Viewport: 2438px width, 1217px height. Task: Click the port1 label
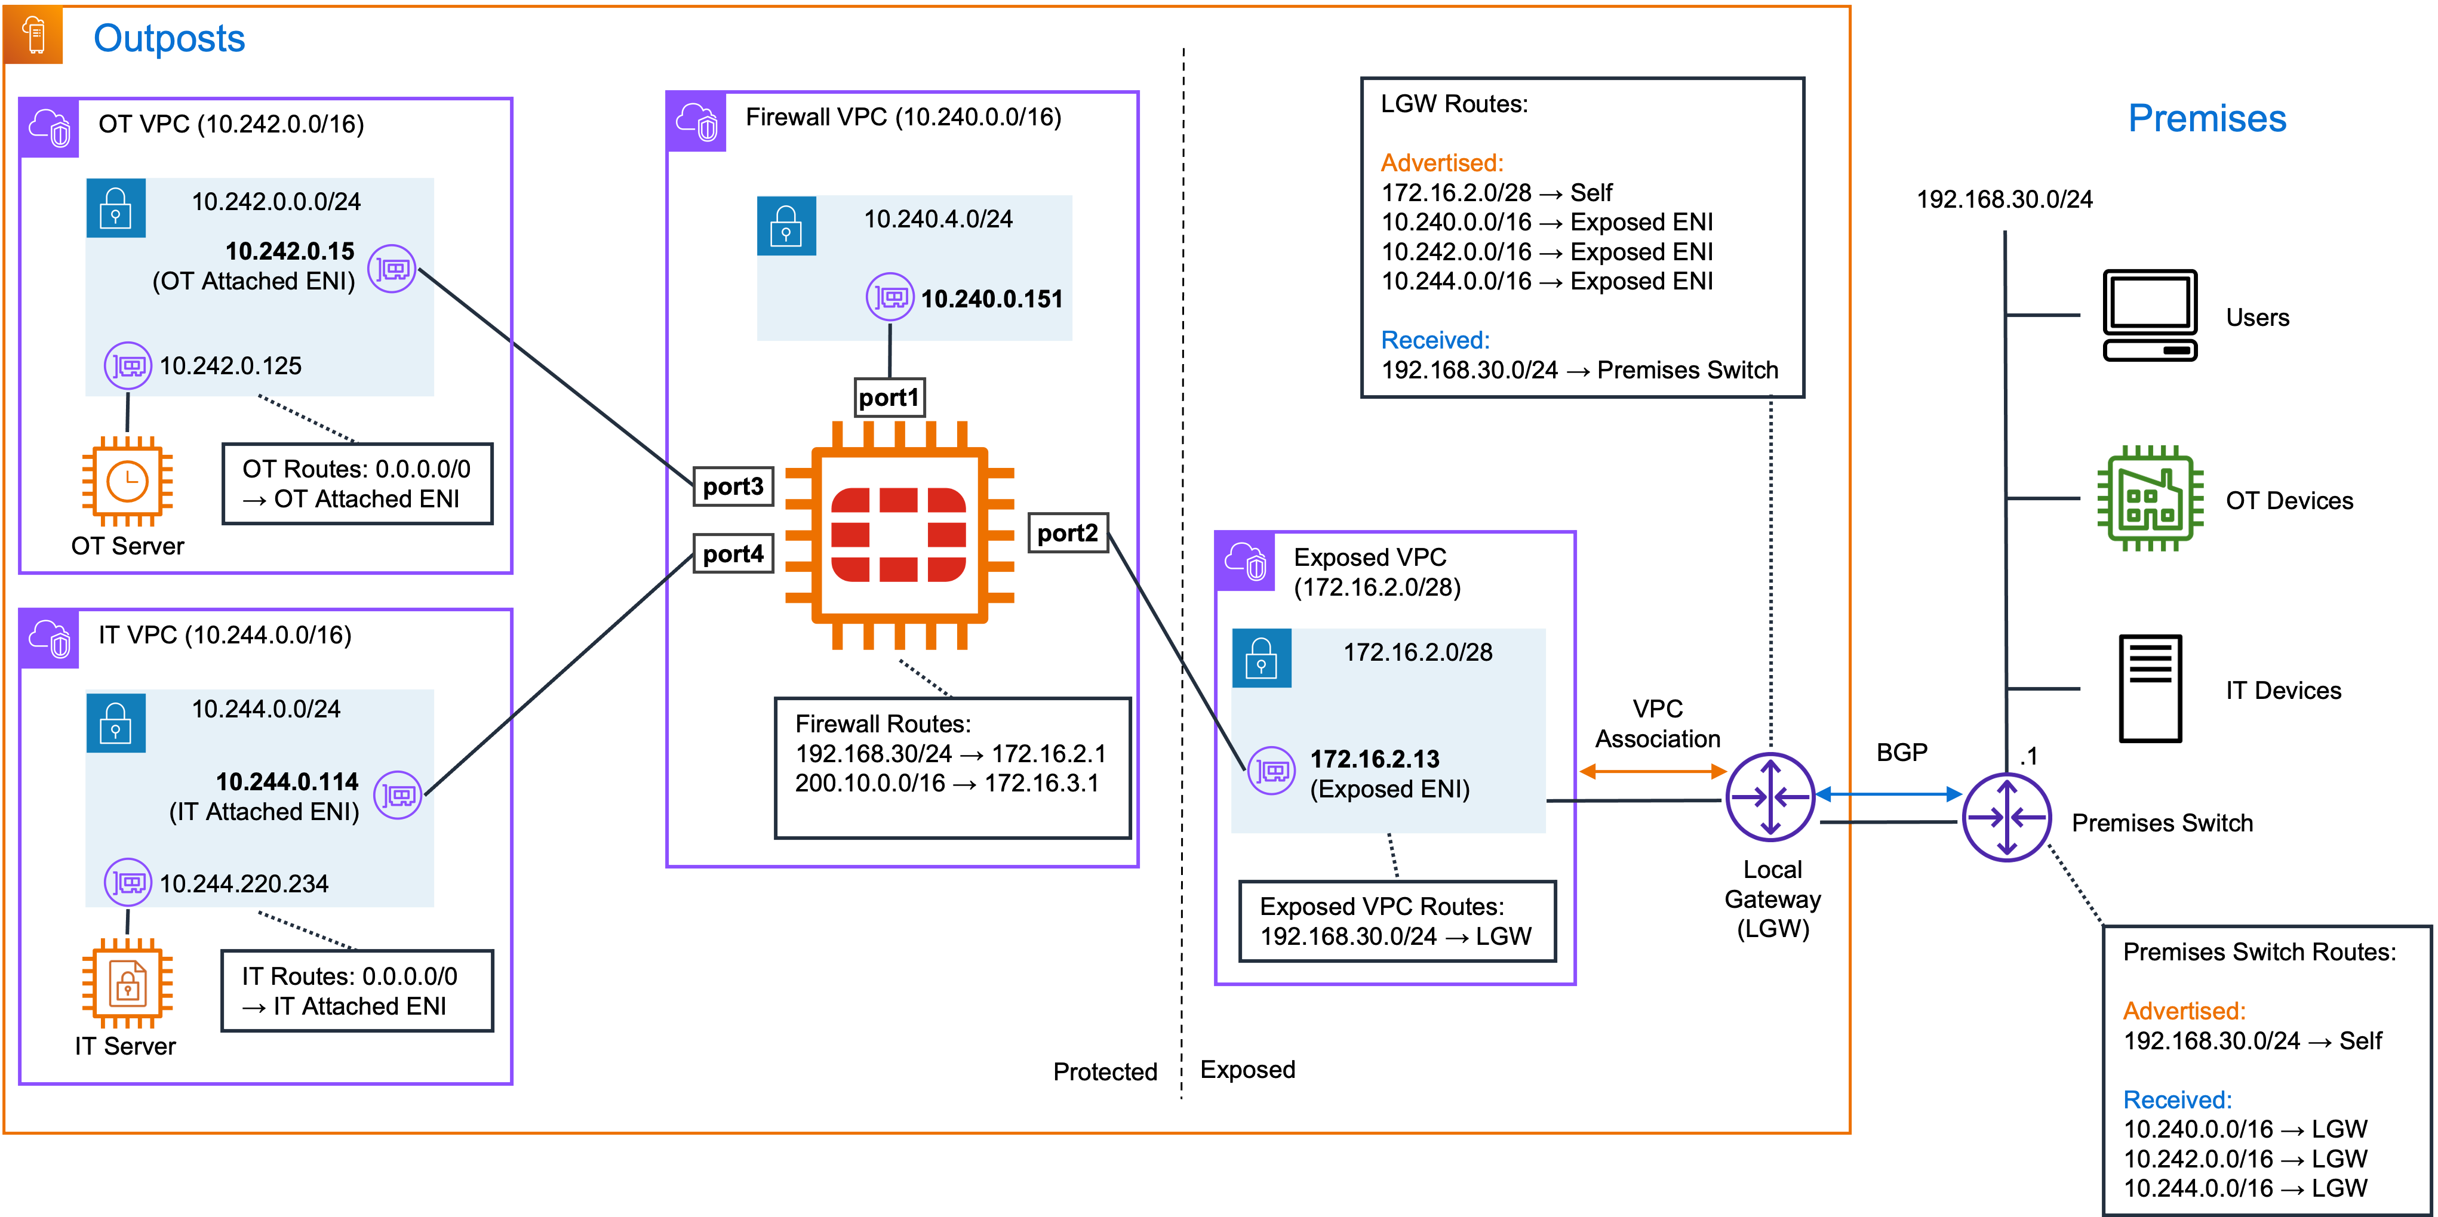pyautogui.click(x=888, y=398)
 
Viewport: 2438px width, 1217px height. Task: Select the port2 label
pyautogui.click(x=1066, y=533)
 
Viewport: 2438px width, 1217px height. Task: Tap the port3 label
pyautogui.click(x=733, y=486)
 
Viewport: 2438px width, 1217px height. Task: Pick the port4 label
pyautogui.click(x=733, y=554)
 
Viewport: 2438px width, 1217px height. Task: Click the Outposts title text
pyautogui.click(x=168, y=39)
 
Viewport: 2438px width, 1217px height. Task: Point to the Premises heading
pyautogui.click(x=2206, y=118)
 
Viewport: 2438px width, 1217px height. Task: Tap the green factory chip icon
pyautogui.click(x=2150, y=498)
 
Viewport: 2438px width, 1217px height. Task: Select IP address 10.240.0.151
pyautogui.click(x=991, y=299)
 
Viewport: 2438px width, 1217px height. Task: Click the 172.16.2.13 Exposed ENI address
pyautogui.click(x=1374, y=759)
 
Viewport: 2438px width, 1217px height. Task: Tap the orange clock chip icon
pyautogui.click(x=127, y=482)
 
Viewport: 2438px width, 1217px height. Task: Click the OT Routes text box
pyautogui.click(x=357, y=483)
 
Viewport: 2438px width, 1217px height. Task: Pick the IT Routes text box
pyautogui.click(x=357, y=991)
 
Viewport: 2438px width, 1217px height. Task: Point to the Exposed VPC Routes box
pyautogui.click(x=1396, y=921)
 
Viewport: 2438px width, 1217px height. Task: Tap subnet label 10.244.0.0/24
pyautogui.click(x=266, y=709)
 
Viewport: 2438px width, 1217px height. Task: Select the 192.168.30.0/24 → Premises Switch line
pyautogui.click(x=1579, y=370)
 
